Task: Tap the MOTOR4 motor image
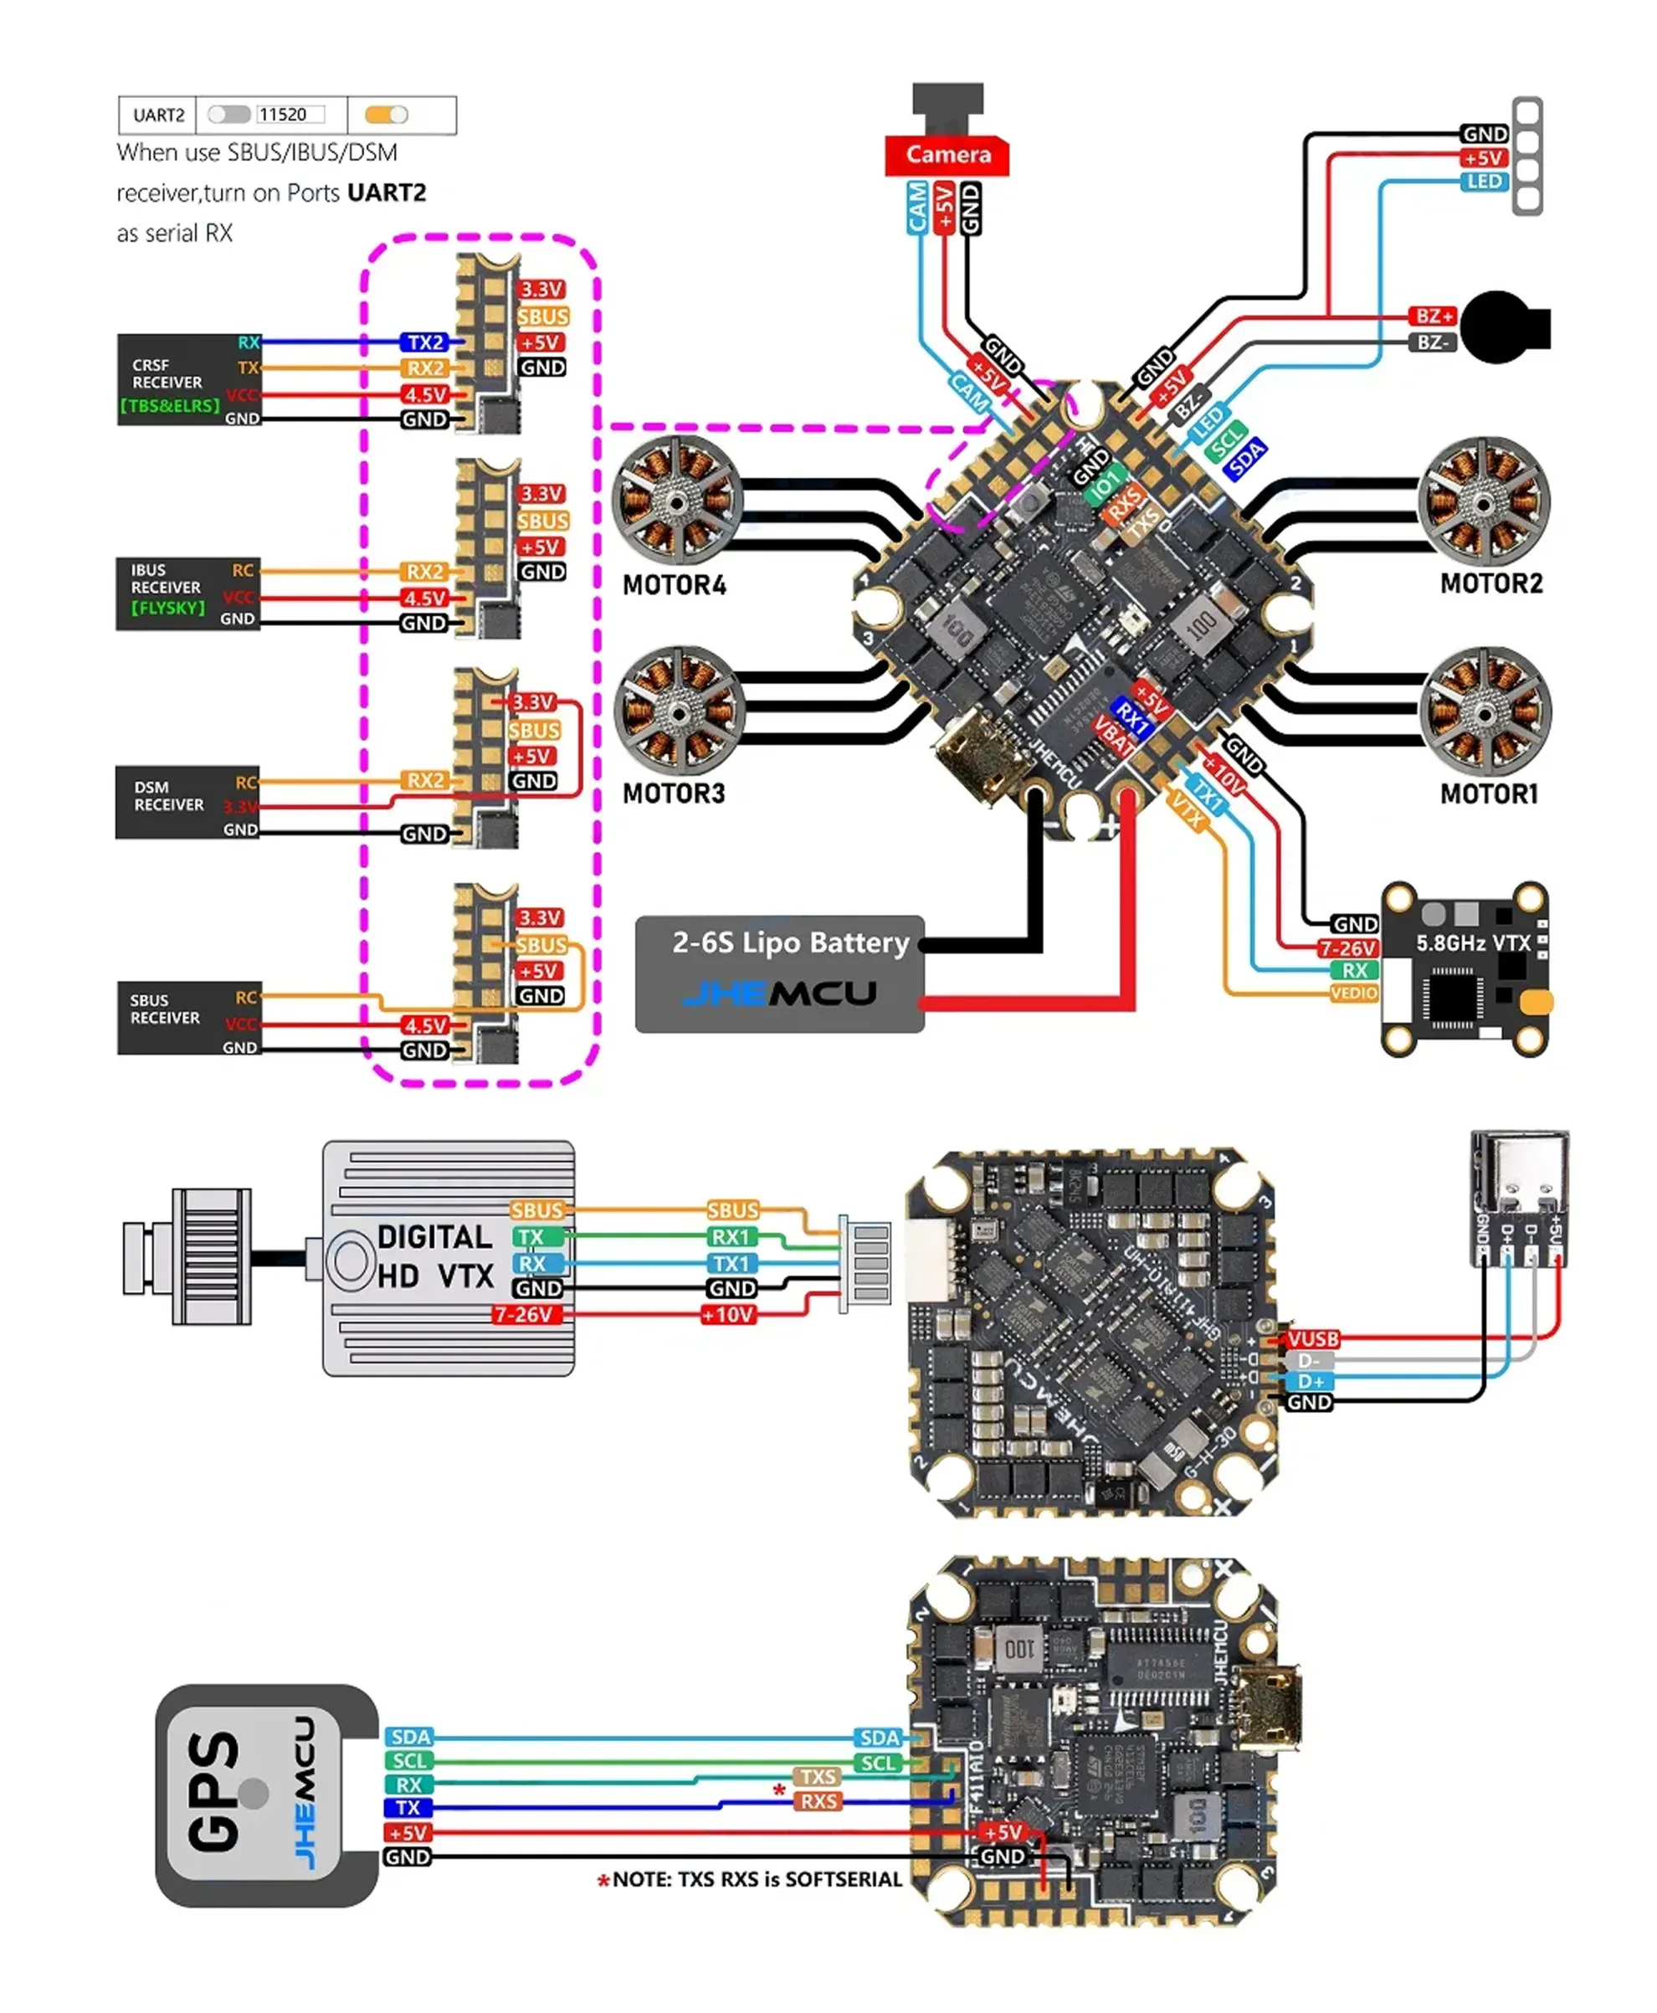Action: (x=677, y=501)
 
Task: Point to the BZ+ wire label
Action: (x=1433, y=316)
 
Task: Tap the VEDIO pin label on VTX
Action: (x=1353, y=994)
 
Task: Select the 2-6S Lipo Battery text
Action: (x=790, y=943)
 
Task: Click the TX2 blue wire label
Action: (x=426, y=341)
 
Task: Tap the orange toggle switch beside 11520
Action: (x=387, y=115)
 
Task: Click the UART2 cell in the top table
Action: (x=158, y=115)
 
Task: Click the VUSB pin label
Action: (x=1312, y=1339)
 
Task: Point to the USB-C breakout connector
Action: (x=1519, y=1198)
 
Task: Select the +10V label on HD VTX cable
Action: (x=728, y=1315)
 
